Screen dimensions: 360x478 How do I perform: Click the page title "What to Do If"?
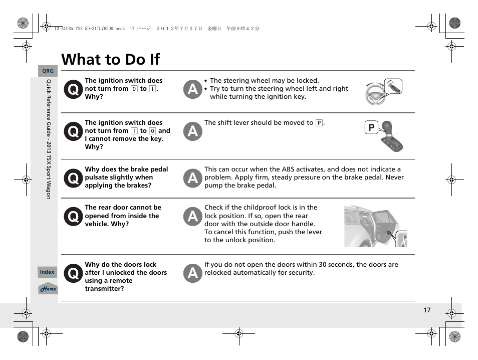(110, 59)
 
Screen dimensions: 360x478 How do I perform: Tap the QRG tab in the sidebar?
(48, 71)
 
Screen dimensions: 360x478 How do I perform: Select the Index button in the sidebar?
(47, 272)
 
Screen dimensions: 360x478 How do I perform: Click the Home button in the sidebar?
(48, 289)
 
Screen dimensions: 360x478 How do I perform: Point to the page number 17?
(427, 310)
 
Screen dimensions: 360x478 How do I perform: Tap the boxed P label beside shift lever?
(371, 128)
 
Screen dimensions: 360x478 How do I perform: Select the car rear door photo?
(375, 226)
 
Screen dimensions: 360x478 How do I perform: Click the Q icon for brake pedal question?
(73, 178)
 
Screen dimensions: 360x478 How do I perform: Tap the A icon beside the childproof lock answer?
(192, 216)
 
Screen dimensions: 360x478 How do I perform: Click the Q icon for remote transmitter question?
(73, 273)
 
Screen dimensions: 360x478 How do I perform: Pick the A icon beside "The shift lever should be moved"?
(192, 131)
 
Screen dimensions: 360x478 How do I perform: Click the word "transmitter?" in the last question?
(104, 289)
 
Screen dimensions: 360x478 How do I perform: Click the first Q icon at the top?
(73, 89)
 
